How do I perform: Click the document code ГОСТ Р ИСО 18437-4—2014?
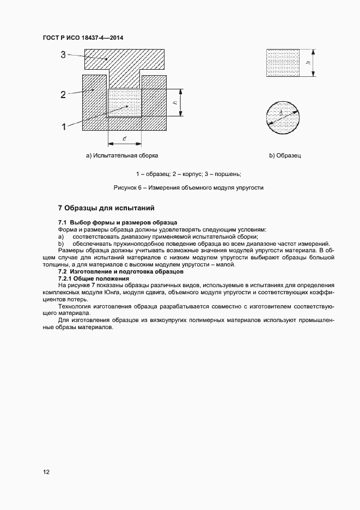click(x=83, y=38)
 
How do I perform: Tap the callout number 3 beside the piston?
click(x=63, y=54)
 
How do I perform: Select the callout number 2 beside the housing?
click(x=63, y=95)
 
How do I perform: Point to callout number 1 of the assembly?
click(x=63, y=126)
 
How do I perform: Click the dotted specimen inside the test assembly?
click(x=125, y=102)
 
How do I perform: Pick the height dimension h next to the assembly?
click(x=173, y=102)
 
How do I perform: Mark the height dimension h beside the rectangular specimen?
click(x=308, y=63)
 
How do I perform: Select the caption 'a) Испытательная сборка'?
click(x=122, y=156)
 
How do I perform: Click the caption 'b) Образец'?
click(x=285, y=156)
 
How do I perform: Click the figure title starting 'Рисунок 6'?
click(x=188, y=187)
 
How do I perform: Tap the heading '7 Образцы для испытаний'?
click(x=107, y=208)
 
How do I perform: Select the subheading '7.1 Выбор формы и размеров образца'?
click(x=118, y=223)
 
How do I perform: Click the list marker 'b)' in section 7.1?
click(x=61, y=244)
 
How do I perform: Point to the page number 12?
click(x=46, y=472)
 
